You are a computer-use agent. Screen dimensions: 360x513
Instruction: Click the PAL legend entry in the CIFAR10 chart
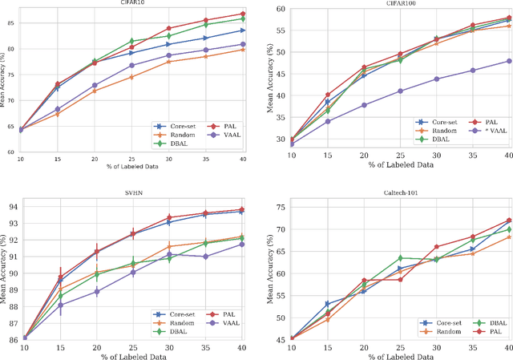click(225, 126)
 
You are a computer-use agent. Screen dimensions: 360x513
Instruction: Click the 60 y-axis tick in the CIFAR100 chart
click(277, 9)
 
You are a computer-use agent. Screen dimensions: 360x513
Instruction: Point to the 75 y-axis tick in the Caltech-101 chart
click(277, 207)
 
